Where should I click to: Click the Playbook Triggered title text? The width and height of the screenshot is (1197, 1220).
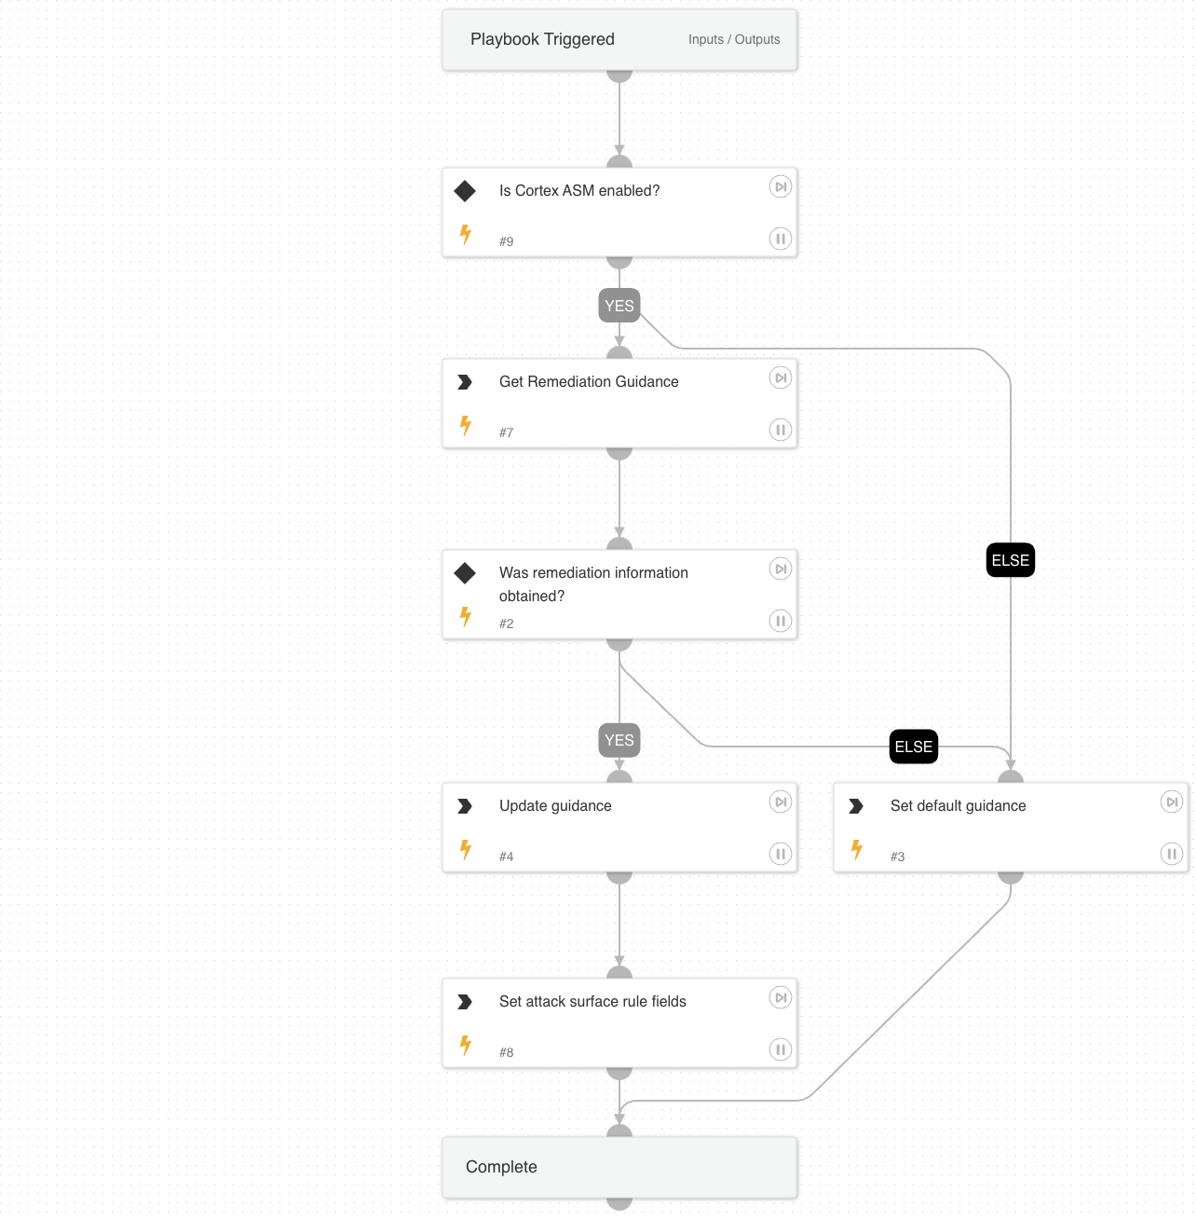pos(542,39)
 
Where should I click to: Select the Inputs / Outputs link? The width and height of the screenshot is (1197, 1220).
pos(734,39)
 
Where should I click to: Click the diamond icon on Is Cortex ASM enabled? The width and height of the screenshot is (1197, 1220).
pos(465,191)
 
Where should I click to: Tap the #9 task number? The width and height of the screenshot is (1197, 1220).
pos(506,241)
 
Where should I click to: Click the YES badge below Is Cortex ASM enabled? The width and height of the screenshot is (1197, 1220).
pos(619,306)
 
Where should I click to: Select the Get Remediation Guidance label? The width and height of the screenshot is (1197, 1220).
pos(589,381)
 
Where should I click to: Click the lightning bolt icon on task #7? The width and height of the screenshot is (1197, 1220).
pos(466,426)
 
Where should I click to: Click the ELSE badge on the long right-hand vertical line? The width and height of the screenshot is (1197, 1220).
pos(1011,560)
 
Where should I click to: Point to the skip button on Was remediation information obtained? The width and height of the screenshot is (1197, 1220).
pos(781,569)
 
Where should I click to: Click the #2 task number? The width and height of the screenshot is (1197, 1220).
pos(506,624)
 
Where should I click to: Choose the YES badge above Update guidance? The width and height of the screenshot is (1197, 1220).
pos(619,740)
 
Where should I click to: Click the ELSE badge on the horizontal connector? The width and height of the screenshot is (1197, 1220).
pos(914,747)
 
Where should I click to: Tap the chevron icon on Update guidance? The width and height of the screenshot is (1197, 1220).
pos(465,806)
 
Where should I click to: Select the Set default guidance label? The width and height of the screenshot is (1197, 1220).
pos(958,805)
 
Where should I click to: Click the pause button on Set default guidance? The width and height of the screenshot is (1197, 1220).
pos(1172,854)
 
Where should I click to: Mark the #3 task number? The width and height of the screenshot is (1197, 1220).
pos(897,857)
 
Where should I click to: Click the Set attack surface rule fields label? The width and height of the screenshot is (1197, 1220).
pos(592,1001)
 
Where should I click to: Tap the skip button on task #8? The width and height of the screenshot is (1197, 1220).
pos(781,997)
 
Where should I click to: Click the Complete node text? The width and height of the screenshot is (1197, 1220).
pos(501,1167)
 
